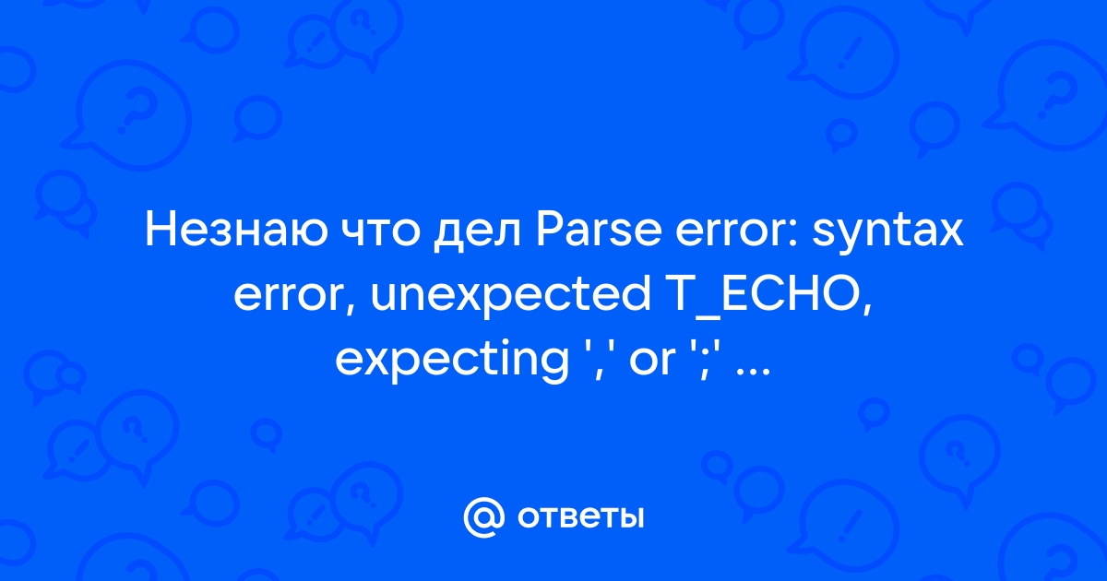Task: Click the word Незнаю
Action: click(x=236, y=231)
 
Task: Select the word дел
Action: click(x=476, y=235)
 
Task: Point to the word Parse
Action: click(x=599, y=231)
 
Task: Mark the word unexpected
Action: click(x=510, y=296)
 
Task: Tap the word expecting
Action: click(x=452, y=361)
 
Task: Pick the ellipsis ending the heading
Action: click(x=753, y=372)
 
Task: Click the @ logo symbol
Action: click(x=483, y=517)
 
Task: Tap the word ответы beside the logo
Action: click(x=580, y=517)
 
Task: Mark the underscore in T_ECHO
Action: click(x=703, y=315)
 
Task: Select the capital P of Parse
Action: click(x=549, y=231)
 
